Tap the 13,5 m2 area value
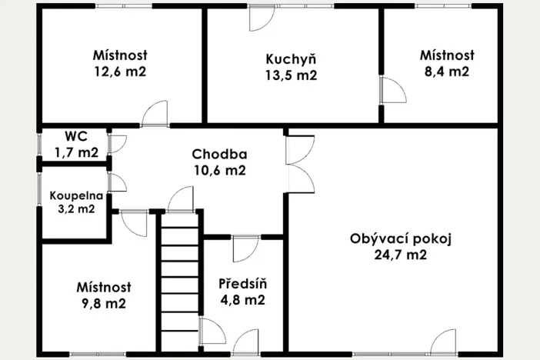point(291,75)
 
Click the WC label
point(75,136)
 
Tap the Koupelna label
point(73,195)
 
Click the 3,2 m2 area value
point(73,208)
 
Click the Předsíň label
point(242,284)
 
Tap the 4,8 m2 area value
point(242,301)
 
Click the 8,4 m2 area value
point(446,72)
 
